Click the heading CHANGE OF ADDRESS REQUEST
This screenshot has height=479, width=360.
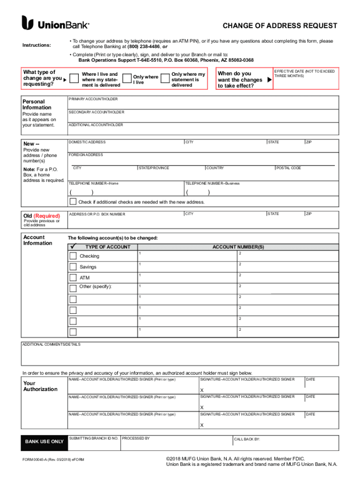[280, 25]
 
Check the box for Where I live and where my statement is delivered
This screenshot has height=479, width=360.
[73, 79]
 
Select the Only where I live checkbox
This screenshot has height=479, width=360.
[125, 79]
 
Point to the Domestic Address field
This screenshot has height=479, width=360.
[125, 147]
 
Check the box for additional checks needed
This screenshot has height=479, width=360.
[73, 202]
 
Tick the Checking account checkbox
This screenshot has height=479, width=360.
[73, 256]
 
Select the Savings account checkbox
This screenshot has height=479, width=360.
[73, 267]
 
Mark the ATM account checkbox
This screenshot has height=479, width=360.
[73, 277]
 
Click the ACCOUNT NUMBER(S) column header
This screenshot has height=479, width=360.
[238, 247]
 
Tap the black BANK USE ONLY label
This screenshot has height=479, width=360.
[44, 442]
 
